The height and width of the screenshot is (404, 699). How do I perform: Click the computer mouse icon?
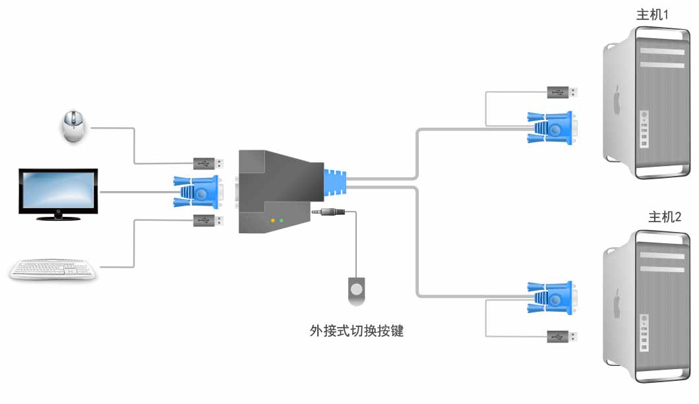73,127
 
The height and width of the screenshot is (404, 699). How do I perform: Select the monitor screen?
59,190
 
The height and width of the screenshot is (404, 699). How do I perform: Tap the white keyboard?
53,270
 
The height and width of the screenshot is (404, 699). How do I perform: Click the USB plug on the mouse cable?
208,163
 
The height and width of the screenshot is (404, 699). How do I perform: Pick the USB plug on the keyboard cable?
208,220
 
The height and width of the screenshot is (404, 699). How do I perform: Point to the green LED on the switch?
282,221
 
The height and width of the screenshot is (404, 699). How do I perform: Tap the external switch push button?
356,289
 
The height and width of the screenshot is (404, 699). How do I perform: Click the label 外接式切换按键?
356,331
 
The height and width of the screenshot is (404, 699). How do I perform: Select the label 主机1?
652,14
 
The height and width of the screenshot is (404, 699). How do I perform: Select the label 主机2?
664,217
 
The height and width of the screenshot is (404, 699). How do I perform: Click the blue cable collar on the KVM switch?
334,183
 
